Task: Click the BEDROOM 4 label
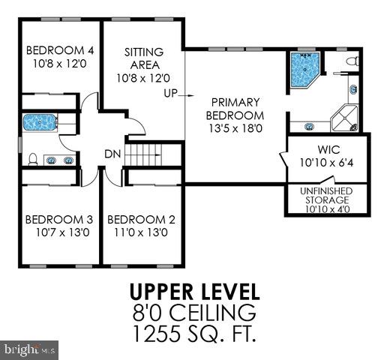point(60,51)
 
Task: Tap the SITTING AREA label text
point(143,58)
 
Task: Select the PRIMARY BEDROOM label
point(235,108)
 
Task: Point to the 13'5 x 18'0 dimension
point(235,128)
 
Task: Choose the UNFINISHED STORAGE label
point(325,196)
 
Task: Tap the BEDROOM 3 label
point(58,220)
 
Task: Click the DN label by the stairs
point(112,154)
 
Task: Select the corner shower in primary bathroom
point(346,116)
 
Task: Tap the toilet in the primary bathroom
point(354,61)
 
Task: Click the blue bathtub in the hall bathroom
point(37,121)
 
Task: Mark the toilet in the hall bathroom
point(34,158)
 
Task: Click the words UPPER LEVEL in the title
point(194,291)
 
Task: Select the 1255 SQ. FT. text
point(194,332)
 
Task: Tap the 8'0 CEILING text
point(194,311)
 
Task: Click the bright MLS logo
point(30,349)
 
